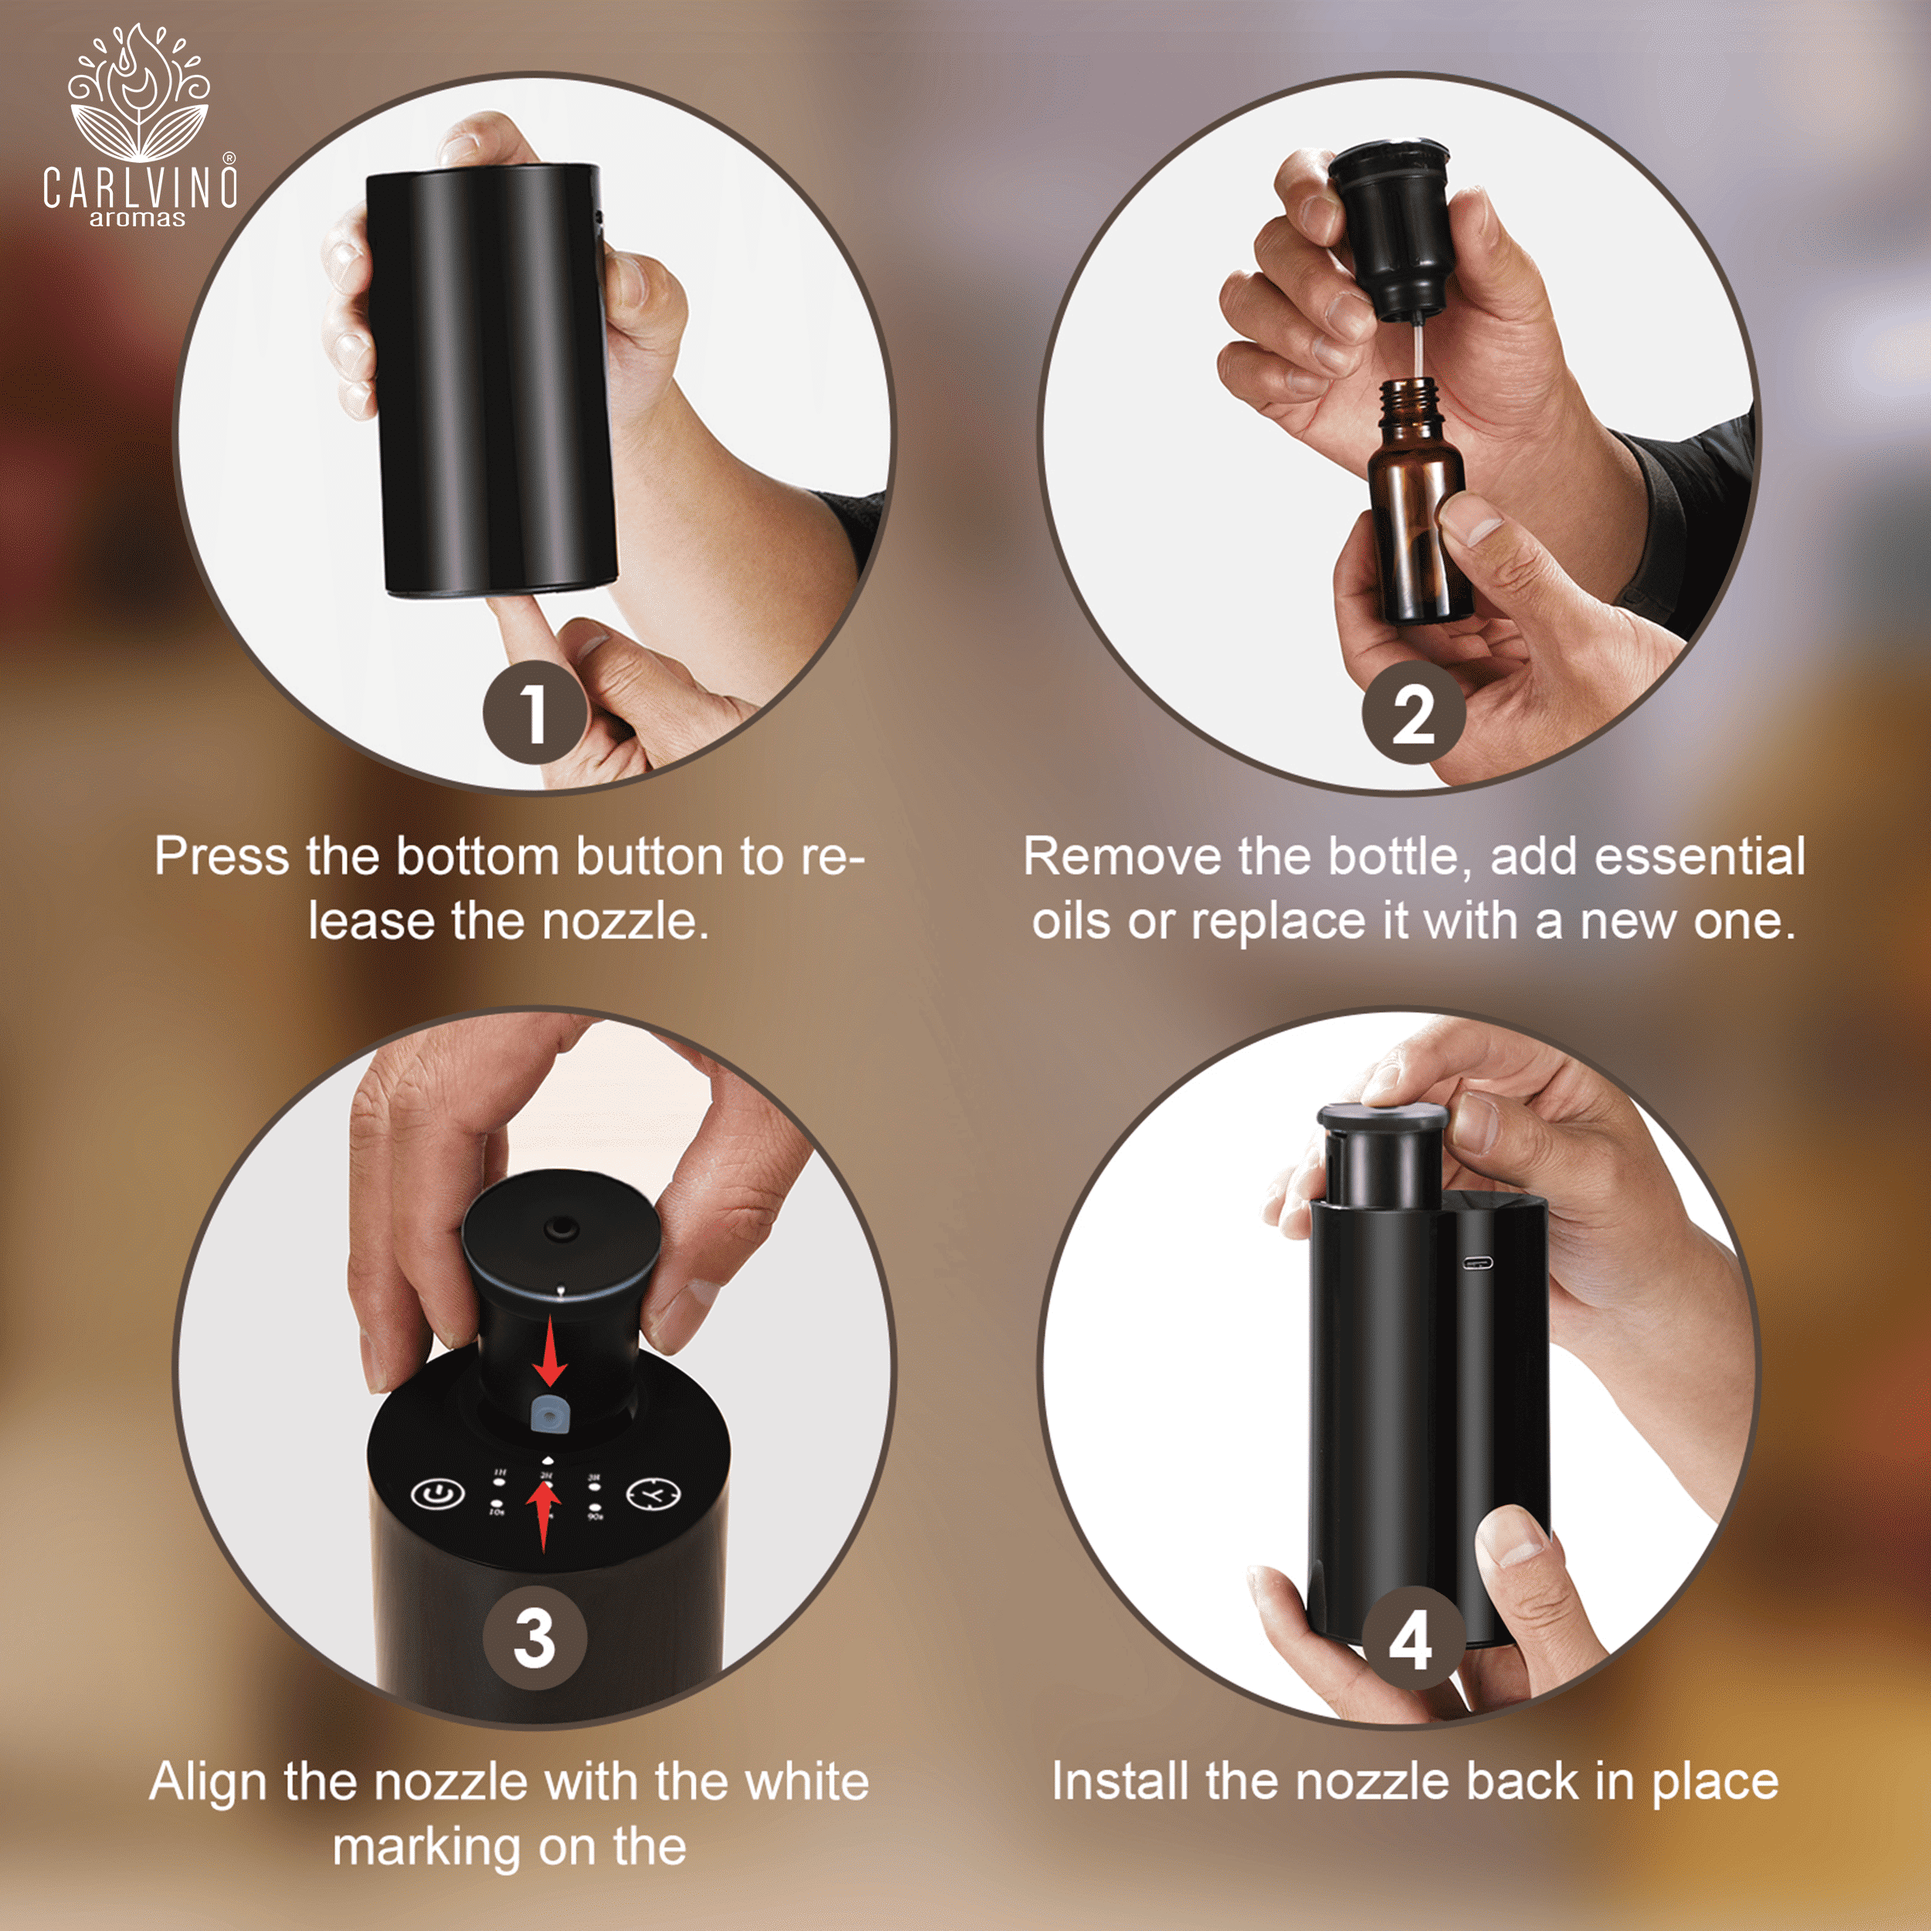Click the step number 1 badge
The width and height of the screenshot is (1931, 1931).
533,713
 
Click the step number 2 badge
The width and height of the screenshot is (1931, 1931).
1412,713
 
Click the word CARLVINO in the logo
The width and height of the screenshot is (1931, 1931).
140,187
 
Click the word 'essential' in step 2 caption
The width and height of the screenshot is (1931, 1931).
1699,857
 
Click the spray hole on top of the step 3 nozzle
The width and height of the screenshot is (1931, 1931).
558,1224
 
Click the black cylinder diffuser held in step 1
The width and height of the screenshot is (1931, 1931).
490,385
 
